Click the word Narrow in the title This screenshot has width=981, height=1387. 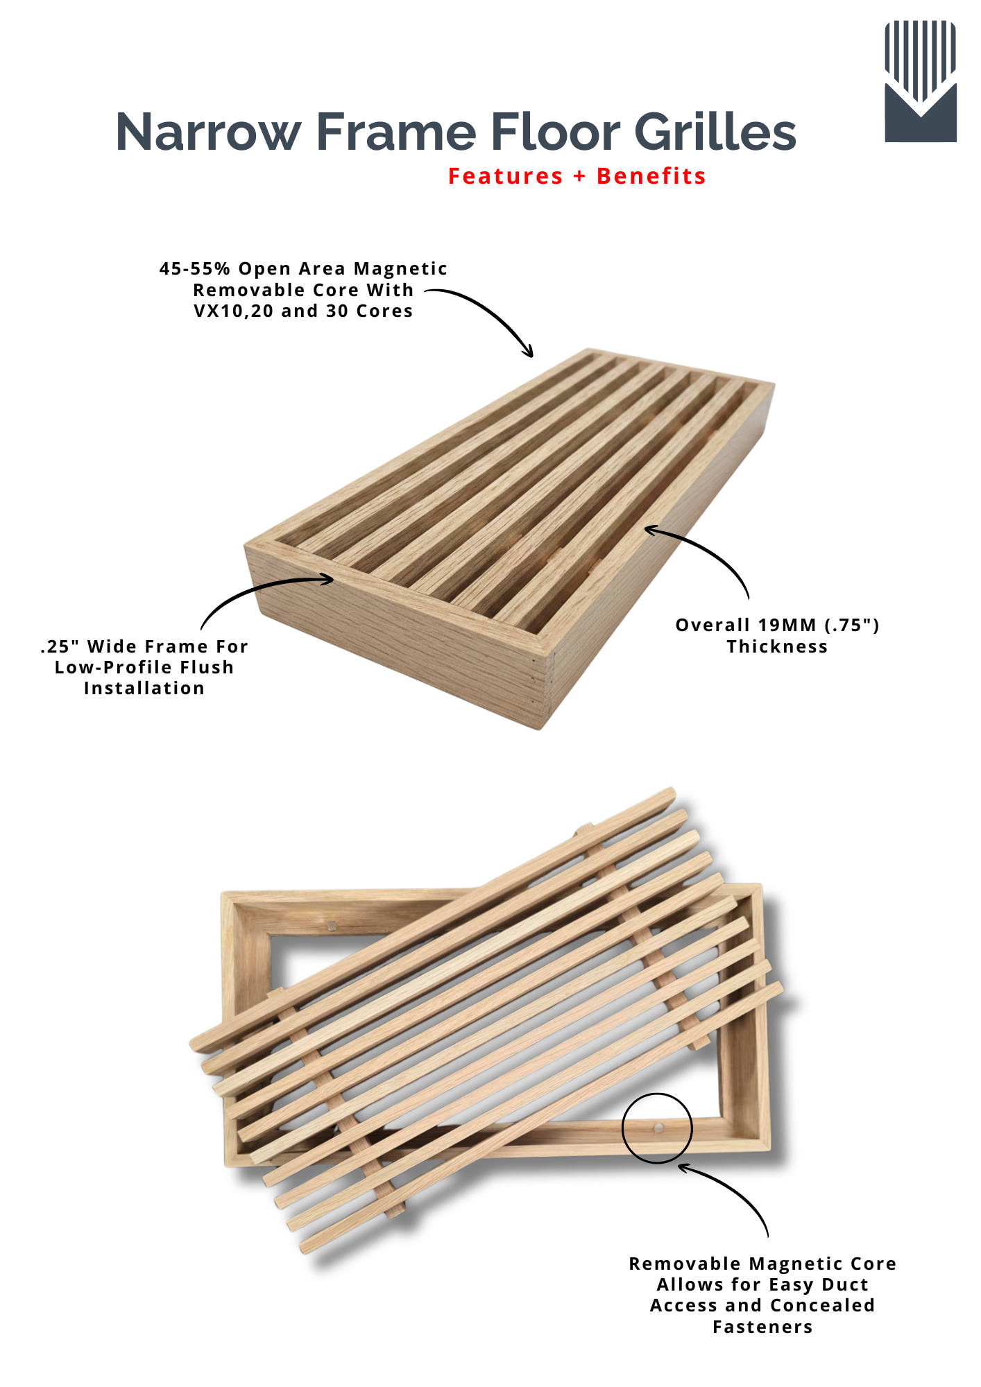pos(209,132)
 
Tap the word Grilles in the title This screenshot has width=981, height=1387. pos(715,132)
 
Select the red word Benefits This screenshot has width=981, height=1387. pos(651,176)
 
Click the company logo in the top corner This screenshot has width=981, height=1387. pos(921,81)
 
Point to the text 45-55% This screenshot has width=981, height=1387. pos(194,268)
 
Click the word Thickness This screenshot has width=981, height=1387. pos(777,646)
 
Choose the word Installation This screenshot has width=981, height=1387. pos(144,688)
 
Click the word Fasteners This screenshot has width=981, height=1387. pos(762,1327)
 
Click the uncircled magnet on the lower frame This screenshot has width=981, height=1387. pos(332,924)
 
